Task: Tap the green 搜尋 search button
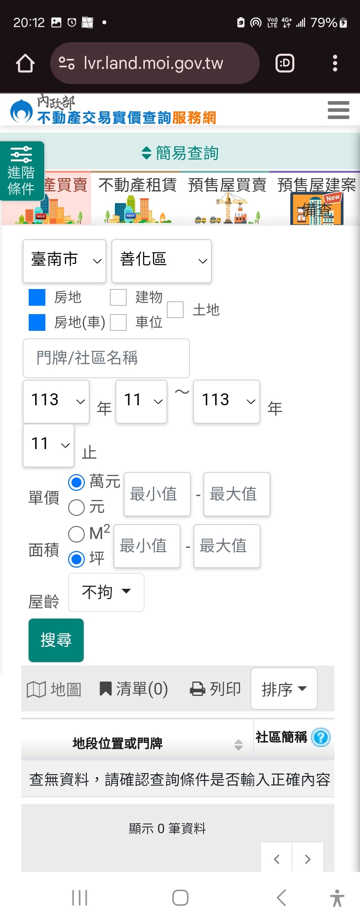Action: click(x=56, y=640)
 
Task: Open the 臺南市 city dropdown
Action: click(x=65, y=261)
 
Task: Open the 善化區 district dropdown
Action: click(x=161, y=261)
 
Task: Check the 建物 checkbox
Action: click(x=118, y=297)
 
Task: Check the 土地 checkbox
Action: click(x=175, y=310)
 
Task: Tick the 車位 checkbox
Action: click(x=118, y=322)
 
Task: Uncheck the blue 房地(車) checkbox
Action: click(x=37, y=322)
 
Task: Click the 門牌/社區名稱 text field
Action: click(x=106, y=358)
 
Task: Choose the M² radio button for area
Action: click(x=76, y=534)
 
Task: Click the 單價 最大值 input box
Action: click(x=237, y=494)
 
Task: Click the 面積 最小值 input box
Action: click(x=147, y=546)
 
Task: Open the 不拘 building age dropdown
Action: click(x=106, y=592)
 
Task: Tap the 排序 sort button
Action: click(x=284, y=688)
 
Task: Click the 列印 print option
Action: click(x=215, y=689)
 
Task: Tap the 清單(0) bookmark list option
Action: click(x=133, y=689)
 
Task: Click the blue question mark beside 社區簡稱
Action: click(x=321, y=737)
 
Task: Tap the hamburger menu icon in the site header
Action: click(x=338, y=110)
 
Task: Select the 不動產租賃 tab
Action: click(x=137, y=198)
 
